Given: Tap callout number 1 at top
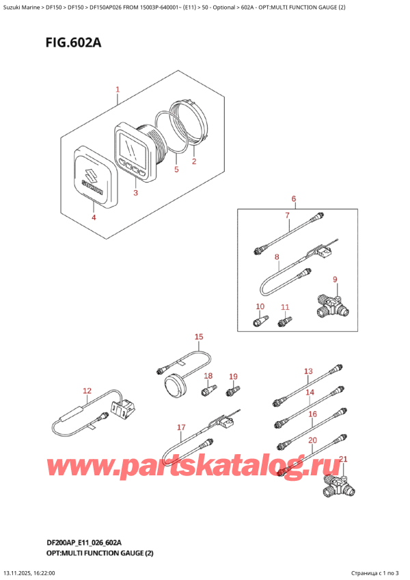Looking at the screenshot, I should tap(118, 90).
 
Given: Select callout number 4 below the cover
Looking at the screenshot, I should tap(94, 217).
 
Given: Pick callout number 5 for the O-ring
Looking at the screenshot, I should tap(176, 169).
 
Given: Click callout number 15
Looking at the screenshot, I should tap(199, 337).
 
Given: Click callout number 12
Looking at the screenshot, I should tap(86, 391).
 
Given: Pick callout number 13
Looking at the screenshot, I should tap(307, 371).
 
